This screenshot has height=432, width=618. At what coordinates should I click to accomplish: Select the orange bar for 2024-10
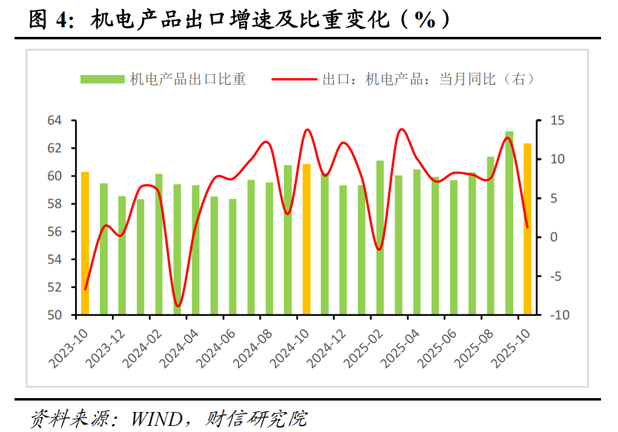pos(307,240)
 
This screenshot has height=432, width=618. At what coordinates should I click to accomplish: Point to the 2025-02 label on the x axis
pos(362,345)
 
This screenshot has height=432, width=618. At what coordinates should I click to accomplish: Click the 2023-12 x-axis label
pos(104,345)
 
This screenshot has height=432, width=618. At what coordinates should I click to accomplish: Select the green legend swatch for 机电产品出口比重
pos(102,79)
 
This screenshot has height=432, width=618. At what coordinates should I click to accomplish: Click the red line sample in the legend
pos(294,79)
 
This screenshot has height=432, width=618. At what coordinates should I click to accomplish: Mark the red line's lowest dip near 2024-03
pos(178,306)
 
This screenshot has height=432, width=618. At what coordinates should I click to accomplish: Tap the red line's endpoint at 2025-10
pos(527,227)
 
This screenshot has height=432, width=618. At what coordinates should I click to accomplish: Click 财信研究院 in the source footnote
pos(257,418)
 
